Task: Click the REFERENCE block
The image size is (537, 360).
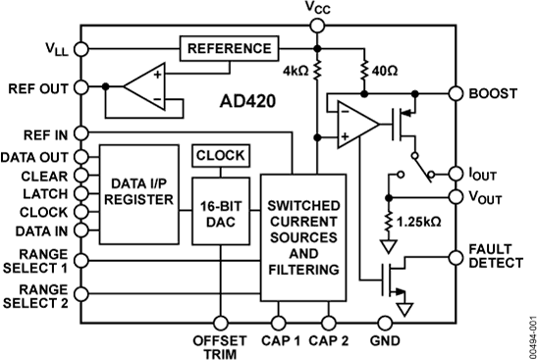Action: click(228, 48)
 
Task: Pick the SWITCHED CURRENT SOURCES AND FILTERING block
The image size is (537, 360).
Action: click(303, 235)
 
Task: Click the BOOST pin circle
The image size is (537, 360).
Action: click(456, 94)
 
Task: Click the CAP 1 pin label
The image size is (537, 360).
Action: click(281, 340)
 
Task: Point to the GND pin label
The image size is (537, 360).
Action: click(383, 340)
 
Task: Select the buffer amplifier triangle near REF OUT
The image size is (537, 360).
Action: click(145, 86)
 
